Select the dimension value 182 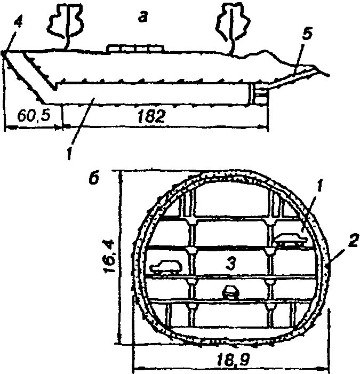point(150,117)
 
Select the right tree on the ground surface point(230,25)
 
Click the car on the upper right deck point(291,241)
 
